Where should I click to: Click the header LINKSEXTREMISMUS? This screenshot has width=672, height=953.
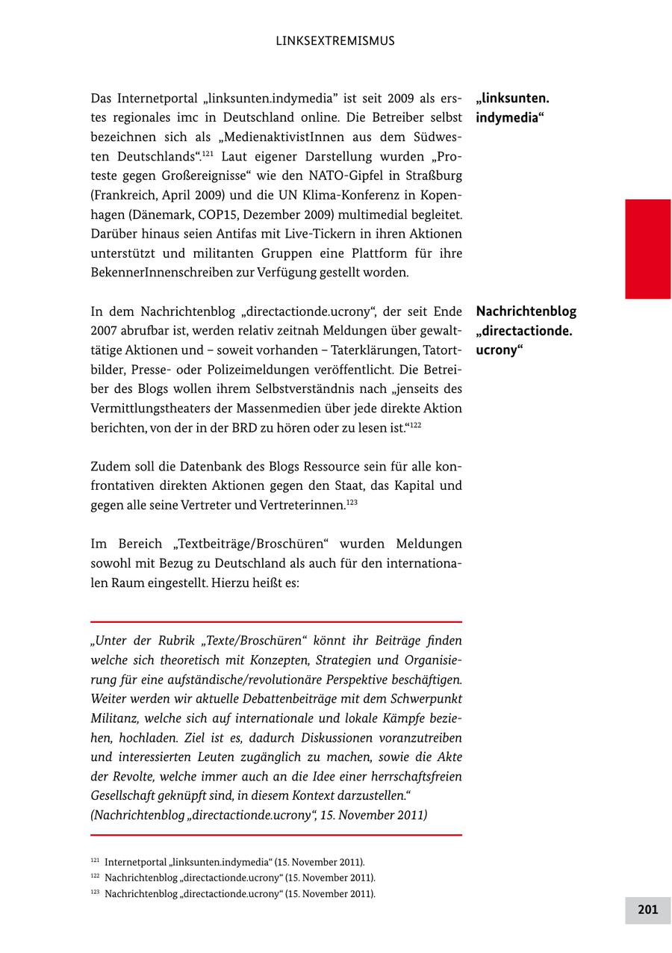[x=335, y=41]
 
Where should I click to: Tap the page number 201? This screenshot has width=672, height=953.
[x=647, y=910]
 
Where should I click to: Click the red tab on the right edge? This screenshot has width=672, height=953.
[x=647, y=249]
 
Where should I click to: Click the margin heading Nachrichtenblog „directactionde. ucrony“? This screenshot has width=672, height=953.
[x=526, y=331]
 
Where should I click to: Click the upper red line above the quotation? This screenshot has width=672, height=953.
[x=276, y=621]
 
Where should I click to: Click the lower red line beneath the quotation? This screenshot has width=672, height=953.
[x=276, y=835]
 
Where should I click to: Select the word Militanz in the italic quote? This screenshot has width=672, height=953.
[x=114, y=718]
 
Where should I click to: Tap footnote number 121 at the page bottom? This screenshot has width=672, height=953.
[x=95, y=861]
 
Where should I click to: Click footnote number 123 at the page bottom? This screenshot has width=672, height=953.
[x=95, y=893]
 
